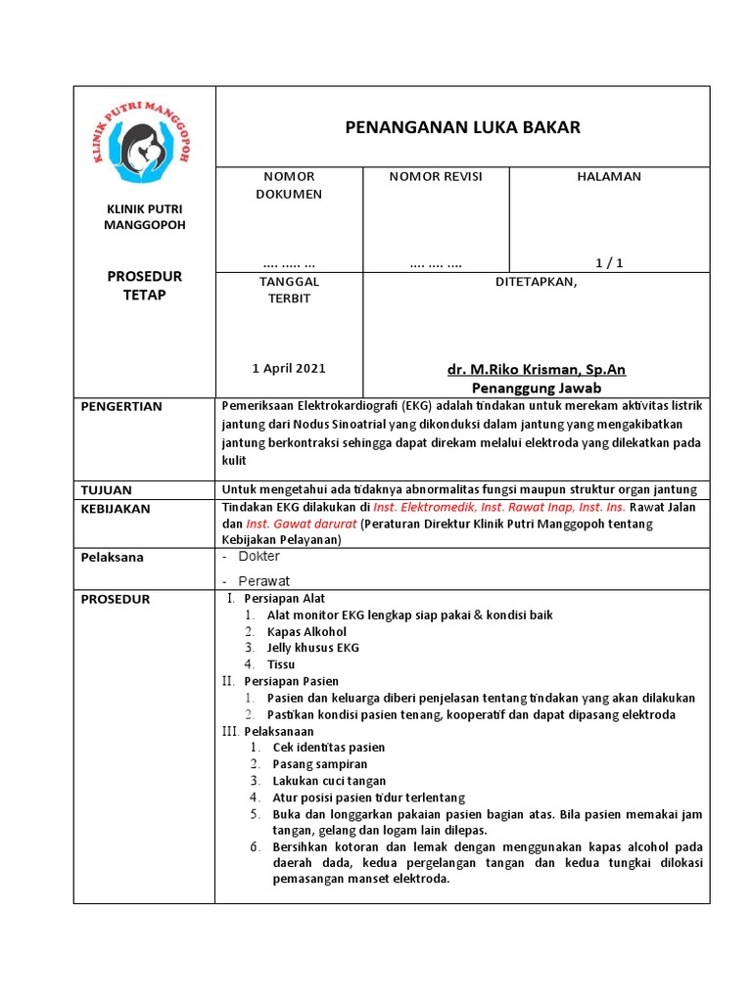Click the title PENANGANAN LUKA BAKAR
pos(462,127)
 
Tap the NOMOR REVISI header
pos(435,176)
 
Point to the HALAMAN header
pos(609,176)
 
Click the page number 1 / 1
pos(609,262)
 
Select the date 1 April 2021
pos(288,368)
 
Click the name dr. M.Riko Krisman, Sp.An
pos(536,369)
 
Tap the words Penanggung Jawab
pos(536,387)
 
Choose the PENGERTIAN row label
pos(121,406)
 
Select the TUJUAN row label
pos(107,489)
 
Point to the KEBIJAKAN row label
pos(117,509)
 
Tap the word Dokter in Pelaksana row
pos(259,556)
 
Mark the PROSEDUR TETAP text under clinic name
pos(144,286)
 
